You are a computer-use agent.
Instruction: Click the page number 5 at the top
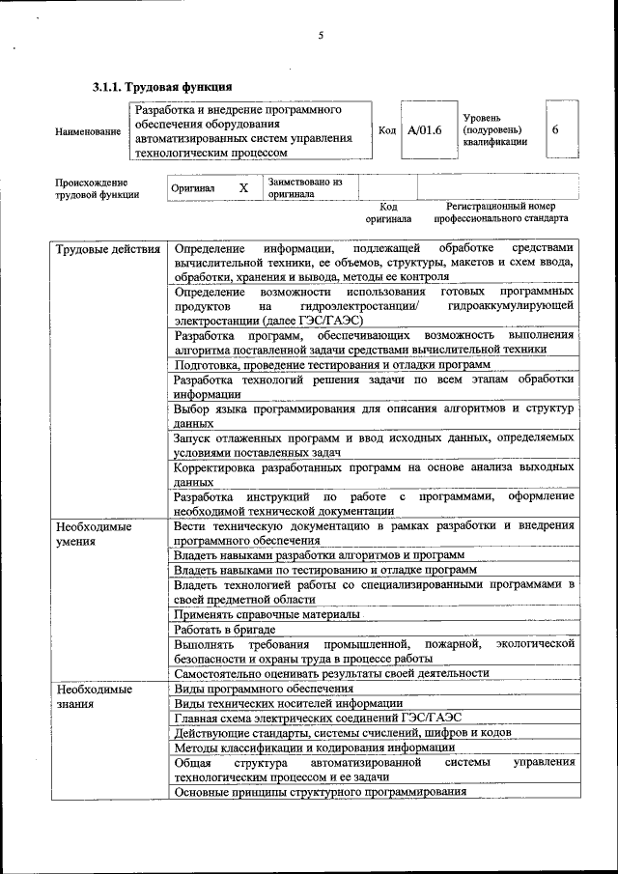click(x=320, y=36)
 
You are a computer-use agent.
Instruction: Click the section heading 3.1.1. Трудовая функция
click(x=161, y=88)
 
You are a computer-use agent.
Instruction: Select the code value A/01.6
click(x=424, y=129)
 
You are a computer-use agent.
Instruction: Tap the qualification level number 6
click(x=555, y=129)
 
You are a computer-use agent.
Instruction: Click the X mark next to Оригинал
click(x=244, y=187)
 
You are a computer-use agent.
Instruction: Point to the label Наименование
click(x=88, y=130)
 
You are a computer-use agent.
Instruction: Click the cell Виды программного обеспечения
click(x=264, y=689)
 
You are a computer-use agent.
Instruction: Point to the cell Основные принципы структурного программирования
click(x=320, y=792)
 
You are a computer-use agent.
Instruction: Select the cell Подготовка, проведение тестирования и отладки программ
click(x=332, y=364)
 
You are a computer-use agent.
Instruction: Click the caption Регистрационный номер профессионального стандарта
click(x=500, y=212)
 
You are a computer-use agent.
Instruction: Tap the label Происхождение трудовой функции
click(x=97, y=187)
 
